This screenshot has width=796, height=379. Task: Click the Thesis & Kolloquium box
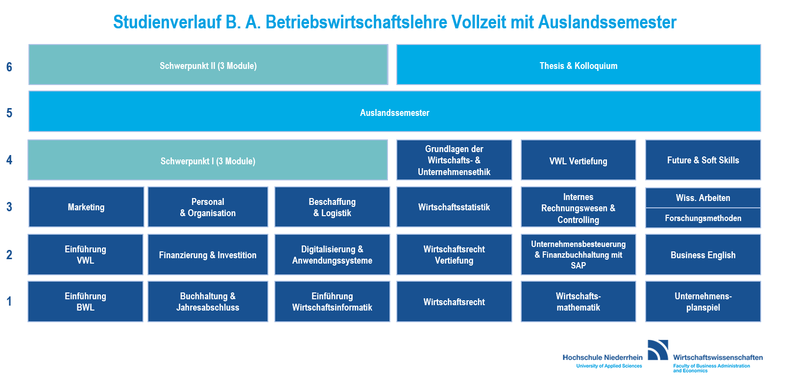coord(579,65)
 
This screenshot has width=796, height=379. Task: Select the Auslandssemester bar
coord(394,111)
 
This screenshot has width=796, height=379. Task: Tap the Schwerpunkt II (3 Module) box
coord(208,65)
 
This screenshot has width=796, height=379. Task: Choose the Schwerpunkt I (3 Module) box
coord(208,160)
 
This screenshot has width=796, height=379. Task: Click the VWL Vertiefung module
coord(578,160)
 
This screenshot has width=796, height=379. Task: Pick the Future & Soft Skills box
coord(703,160)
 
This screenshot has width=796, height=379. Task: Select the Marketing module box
coord(86,207)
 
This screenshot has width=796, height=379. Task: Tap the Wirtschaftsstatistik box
coord(454,207)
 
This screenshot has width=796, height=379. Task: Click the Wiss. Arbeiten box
coord(703,198)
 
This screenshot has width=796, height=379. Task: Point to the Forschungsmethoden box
coord(703,218)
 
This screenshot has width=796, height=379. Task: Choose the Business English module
coord(703,254)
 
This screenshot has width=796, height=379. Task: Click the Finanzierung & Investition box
coord(208,254)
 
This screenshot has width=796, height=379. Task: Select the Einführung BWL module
coord(85,302)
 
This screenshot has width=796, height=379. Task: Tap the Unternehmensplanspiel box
coord(703,302)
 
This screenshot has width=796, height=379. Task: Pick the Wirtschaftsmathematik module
coord(578,302)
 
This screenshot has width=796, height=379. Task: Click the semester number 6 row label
coord(9,67)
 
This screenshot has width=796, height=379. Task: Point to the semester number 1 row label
coord(9,301)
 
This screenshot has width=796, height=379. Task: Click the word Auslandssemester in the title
coord(607,22)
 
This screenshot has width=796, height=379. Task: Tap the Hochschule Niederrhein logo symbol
coord(658,350)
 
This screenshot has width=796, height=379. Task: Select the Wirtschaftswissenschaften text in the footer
coord(718,357)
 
